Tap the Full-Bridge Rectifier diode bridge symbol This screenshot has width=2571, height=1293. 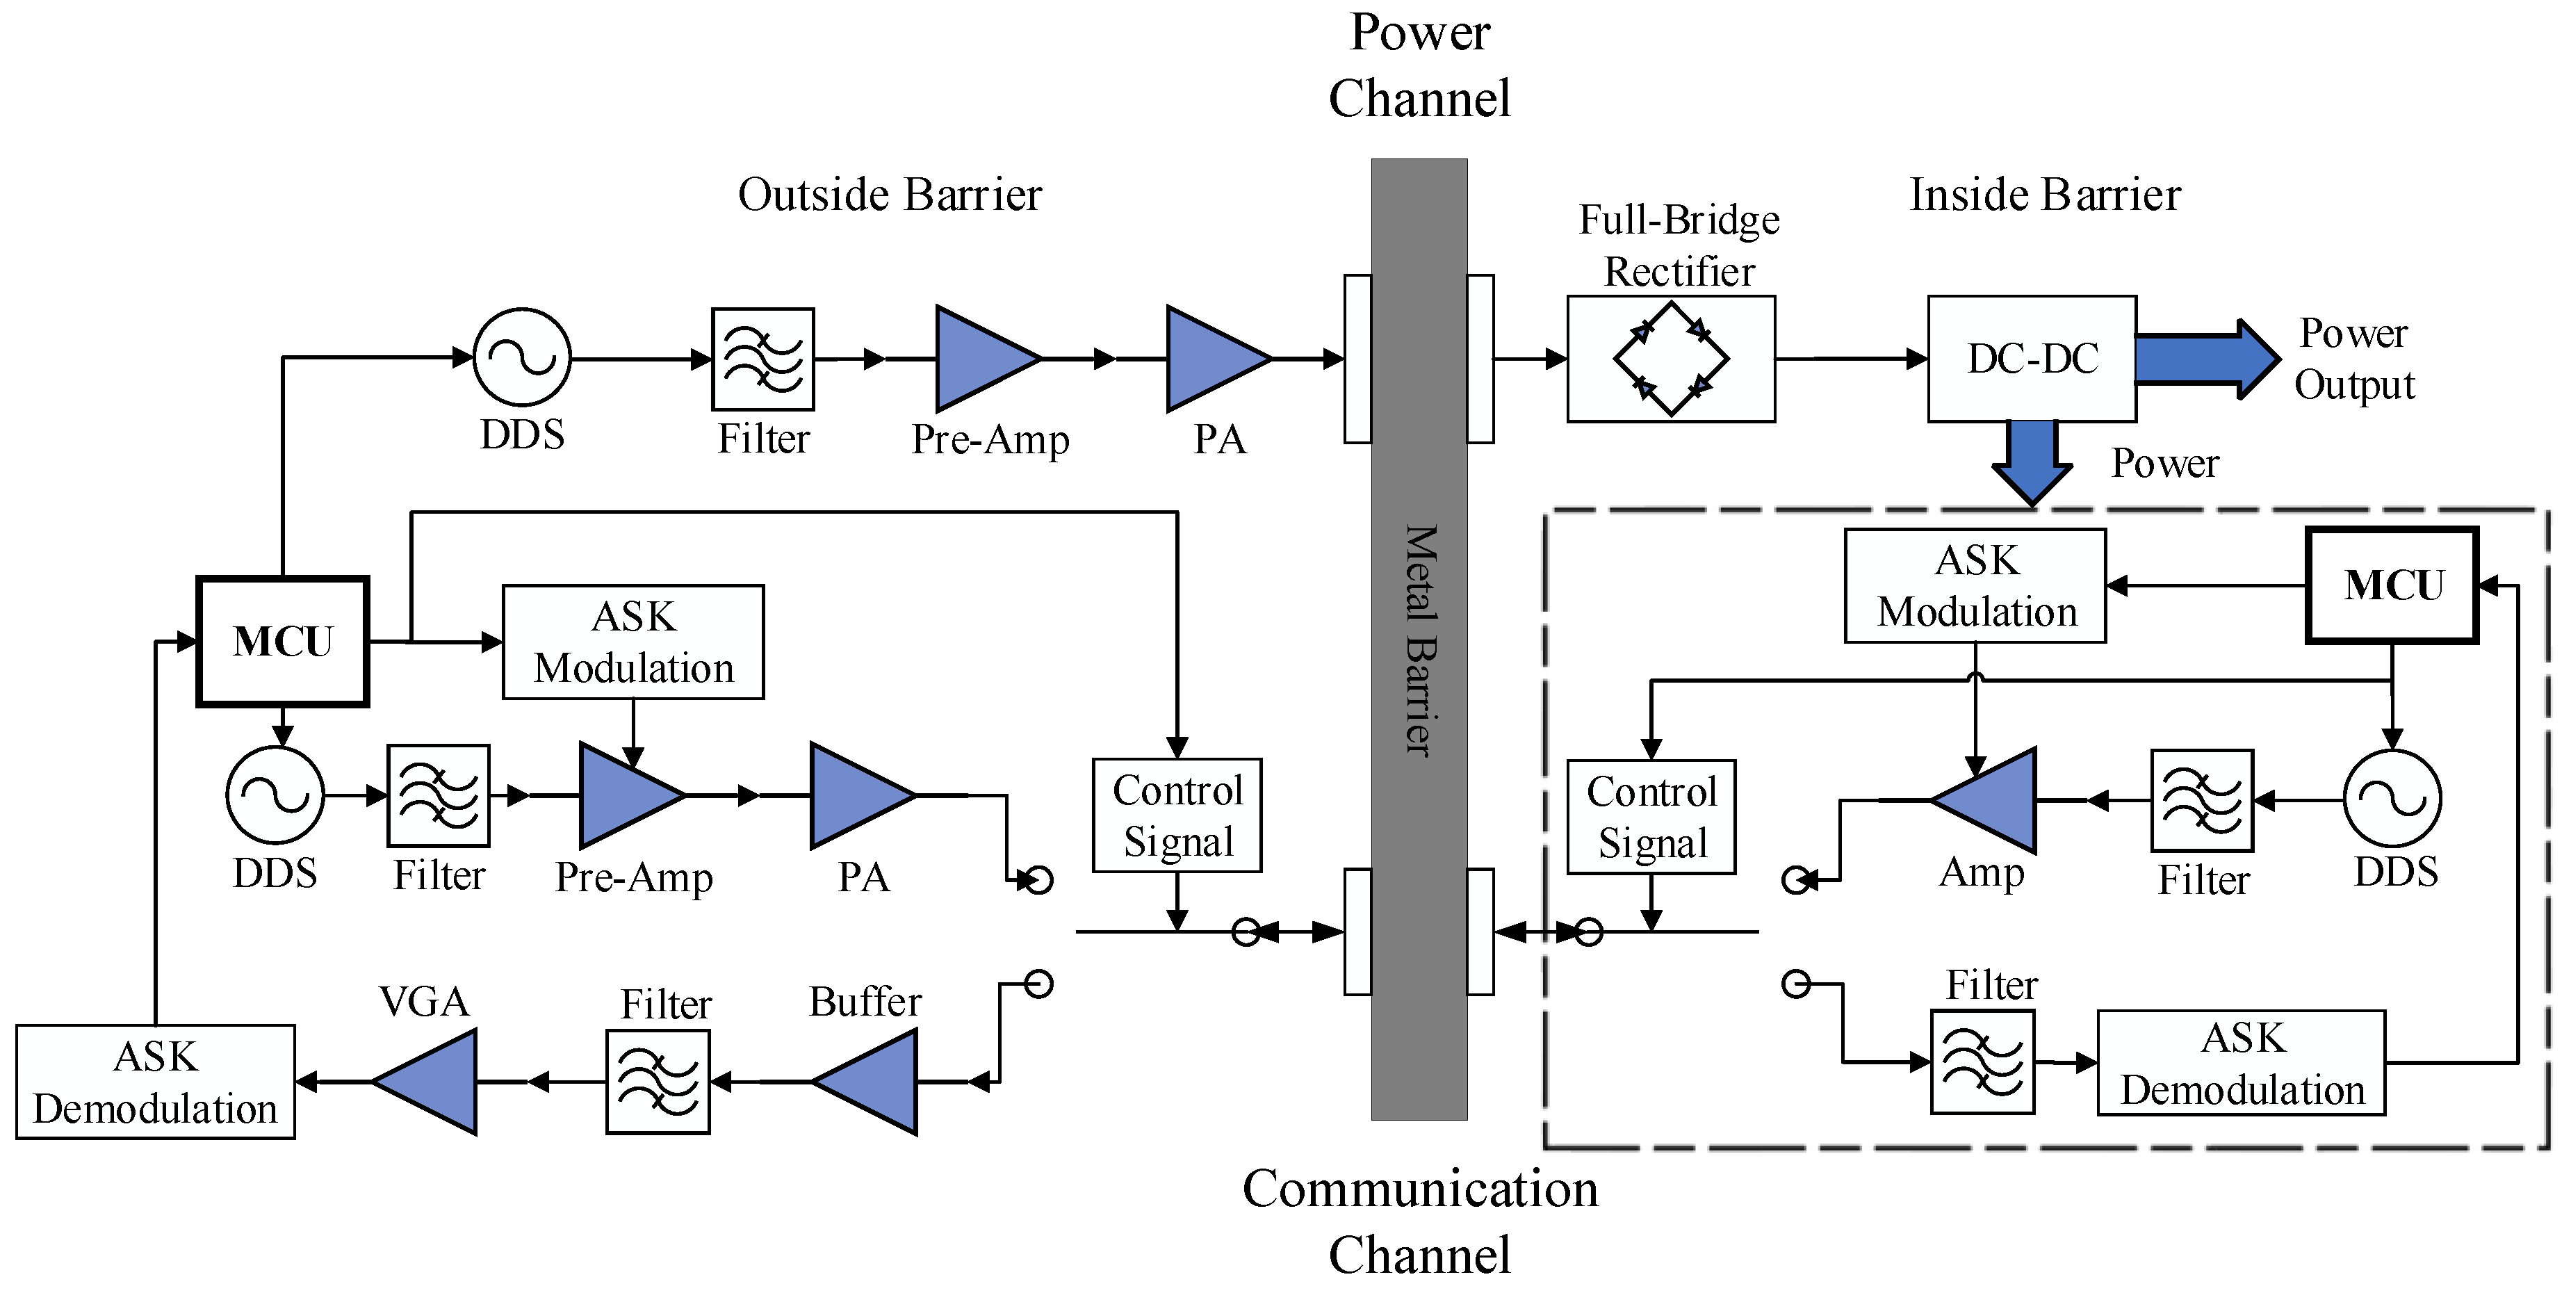point(1671,359)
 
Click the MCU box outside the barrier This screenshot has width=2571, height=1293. point(282,641)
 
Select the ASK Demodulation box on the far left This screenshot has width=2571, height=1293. point(156,1082)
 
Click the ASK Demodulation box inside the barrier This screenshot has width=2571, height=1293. point(2241,1062)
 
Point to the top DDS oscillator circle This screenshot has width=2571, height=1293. point(521,357)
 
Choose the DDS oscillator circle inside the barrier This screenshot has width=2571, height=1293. point(2392,799)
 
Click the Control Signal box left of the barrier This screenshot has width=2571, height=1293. point(1177,815)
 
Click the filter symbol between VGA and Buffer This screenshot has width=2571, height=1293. point(658,1082)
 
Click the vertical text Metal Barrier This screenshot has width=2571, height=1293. point(1419,639)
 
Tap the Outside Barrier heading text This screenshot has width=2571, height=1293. point(889,194)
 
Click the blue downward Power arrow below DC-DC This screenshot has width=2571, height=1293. point(2032,460)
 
